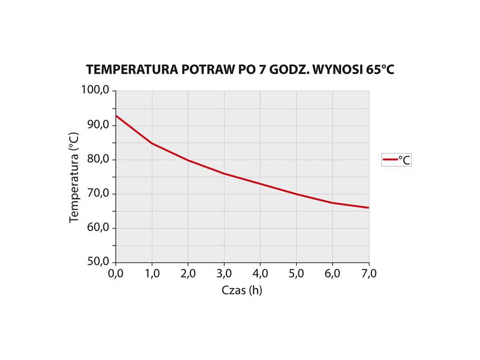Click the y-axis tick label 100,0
tap(95, 90)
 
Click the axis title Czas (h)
tap(242, 290)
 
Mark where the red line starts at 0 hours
tap(116, 116)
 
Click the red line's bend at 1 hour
tap(152, 143)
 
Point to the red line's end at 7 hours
tap(368, 208)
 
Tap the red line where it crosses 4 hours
tap(260, 184)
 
